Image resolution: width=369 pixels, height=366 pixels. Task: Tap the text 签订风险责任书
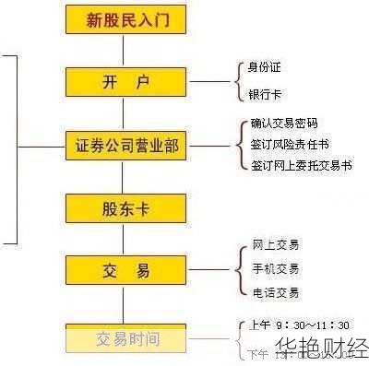click(x=290, y=145)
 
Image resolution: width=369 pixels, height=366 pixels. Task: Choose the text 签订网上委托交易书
click(x=301, y=166)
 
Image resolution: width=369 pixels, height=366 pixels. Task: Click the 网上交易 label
click(x=275, y=245)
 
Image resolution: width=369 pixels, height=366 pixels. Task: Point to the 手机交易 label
click(x=275, y=269)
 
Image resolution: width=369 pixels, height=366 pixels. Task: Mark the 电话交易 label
click(x=275, y=293)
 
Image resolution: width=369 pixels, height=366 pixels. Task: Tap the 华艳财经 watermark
click(x=320, y=349)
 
